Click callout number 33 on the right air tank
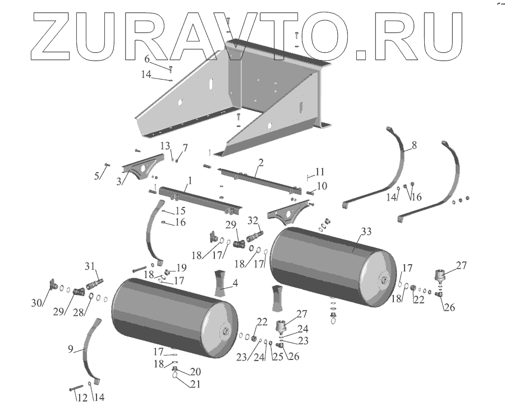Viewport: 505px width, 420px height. (x=366, y=231)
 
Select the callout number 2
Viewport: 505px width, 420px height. (x=261, y=163)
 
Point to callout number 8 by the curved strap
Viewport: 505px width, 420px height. (x=414, y=145)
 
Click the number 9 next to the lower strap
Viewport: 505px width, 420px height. (x=71, y=348)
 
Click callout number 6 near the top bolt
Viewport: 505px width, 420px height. (x=147, y=59)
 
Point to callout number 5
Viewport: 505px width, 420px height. (x=97, y=176)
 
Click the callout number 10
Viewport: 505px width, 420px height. (x=322, y=186)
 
